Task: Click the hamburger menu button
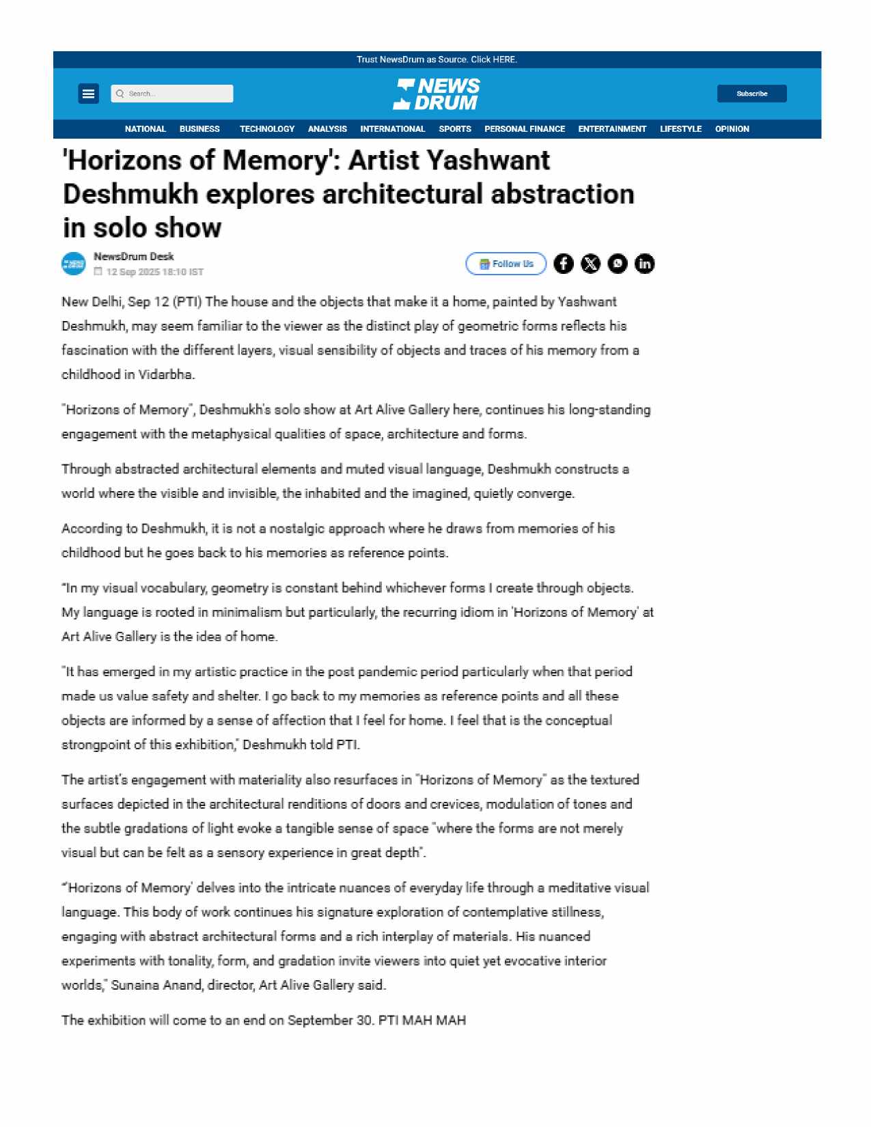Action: tap(88, 94)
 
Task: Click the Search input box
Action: tap(172, 94)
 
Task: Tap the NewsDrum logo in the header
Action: tap(436, 94)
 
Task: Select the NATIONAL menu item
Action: tap(145, 129)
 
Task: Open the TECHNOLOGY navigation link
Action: tap(266, 129)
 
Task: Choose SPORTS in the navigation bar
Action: tap(454, 129)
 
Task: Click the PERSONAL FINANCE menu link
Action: tap(524, 129)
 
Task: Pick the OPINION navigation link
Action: tap(732, 129)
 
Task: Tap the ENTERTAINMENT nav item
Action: tap(611, 129)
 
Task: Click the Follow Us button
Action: tap(506, 264)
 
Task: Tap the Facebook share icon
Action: tap(564, 264)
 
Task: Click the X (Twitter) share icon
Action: tap(590, 264)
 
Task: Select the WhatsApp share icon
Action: tap(618, 264)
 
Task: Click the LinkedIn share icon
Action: tap(644, 264)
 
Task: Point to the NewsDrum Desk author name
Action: tap(134, 257)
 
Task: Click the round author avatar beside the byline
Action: tap(74, 264)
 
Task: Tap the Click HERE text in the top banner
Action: tap(494, 59)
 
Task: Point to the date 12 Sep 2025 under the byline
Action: tap(133, 272)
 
